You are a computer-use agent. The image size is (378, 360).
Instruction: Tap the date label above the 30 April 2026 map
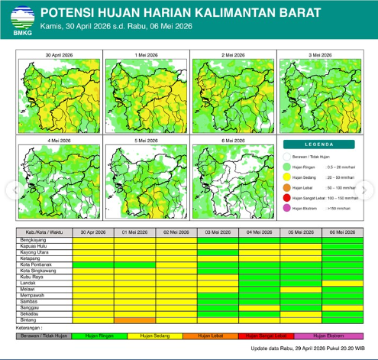pyautogui.click(x=59, y=56)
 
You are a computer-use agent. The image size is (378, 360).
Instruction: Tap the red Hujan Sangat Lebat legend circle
pyautogui.click(x=288, y=197)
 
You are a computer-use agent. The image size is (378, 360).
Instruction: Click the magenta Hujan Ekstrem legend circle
pyautogui.click(x=288, y=208)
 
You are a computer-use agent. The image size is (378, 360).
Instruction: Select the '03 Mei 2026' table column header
pyautogui.click(x=217, y=231)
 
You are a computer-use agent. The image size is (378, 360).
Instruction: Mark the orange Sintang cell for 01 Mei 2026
pyautogui.click(x=134, y=319)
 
